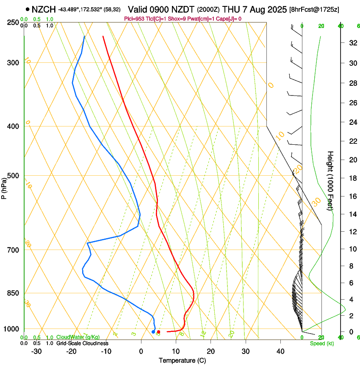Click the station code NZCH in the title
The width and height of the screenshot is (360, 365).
tap(44, 9)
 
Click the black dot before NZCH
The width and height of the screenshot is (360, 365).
tap(28, 9)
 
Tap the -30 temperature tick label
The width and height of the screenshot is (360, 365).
tap(36, 351)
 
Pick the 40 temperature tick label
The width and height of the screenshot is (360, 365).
tap(280, 351)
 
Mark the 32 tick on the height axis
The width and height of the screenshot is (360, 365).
tap(352, 43)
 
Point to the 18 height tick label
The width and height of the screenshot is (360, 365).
tap(352, 178)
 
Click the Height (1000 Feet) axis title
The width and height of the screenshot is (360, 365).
tap(330, 180)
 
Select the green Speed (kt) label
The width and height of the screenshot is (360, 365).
tap(321, 343)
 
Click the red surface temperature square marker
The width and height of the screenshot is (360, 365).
tap(158, 332)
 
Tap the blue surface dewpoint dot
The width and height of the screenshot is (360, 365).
tap(153, 332)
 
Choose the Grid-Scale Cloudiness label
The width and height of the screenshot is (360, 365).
tap(82, 343)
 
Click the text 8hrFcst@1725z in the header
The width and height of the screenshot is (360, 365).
tap(314, 9)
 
